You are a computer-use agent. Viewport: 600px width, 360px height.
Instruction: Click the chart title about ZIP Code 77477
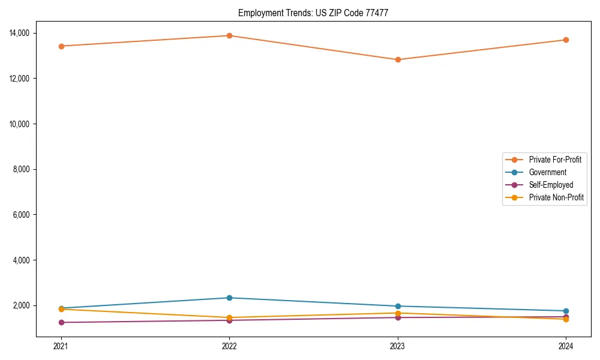[313, 13]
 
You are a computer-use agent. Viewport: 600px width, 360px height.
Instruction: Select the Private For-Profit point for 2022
[229, 35]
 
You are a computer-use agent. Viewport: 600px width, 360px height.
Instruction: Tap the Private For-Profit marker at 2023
[397, 59]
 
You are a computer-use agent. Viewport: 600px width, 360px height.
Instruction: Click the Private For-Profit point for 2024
[566, 40]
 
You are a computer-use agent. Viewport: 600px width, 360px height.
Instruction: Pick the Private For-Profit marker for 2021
[61, 46]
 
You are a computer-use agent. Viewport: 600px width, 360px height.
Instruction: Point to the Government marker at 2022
[229, 298]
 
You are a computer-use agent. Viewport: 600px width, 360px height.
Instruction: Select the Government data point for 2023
[397, 306]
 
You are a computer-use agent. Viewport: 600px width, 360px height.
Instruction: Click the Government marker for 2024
[566, 311]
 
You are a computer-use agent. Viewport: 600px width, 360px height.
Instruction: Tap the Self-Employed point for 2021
[61, 322]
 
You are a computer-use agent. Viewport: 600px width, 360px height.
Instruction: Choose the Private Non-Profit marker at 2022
[229, 317]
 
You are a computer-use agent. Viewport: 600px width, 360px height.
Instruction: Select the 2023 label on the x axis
[397, 346]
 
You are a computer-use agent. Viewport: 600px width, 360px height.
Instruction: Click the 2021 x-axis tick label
[61, 346]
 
